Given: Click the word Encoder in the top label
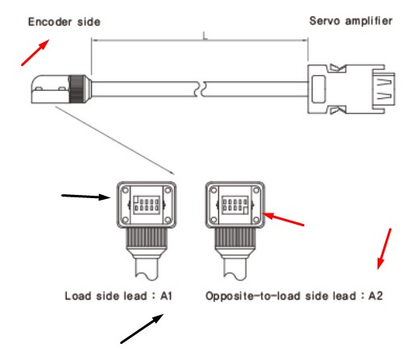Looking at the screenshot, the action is pos(50,22).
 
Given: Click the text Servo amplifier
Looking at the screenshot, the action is pos(351,21).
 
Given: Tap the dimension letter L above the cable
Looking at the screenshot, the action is pos(205,35).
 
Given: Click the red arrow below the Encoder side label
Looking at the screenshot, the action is pos(35,52).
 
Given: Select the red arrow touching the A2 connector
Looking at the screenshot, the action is pos(283,219).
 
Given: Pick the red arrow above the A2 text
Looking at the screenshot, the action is pos(384,249).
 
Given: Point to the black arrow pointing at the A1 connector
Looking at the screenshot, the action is pos(86,197).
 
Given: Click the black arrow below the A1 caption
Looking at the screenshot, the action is pos(142,329).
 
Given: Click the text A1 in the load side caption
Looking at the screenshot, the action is pos(166,296).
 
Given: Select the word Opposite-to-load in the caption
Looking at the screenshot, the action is pos(253,296).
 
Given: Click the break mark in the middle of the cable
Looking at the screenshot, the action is pos(200,89).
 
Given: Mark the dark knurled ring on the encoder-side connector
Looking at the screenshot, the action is pos(77,89).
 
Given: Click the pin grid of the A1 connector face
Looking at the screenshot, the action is pos(147,205).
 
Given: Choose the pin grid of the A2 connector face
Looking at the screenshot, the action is pos(235,205).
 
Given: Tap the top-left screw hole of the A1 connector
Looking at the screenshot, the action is pos(125,190).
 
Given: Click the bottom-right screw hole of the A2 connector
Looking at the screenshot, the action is pos(256,220).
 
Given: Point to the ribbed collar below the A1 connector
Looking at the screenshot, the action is pos(147,238).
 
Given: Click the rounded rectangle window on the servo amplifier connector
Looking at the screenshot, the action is pos(319,89).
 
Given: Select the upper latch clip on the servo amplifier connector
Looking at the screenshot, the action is pos(337,68).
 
